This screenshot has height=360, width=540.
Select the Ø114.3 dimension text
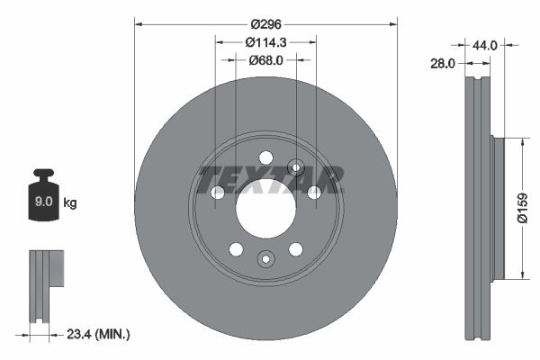pyautogui.click(x=265, y=41)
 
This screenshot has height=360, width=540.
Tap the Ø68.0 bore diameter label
pyautogui.click(x=265, y=60)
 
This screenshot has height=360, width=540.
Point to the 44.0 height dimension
pyautogui.click(x=485, y=43)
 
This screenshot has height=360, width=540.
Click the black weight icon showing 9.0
pyautogui.click(x=43, y=199)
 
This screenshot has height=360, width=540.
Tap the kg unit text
pyautogui.click(x=70, y=203)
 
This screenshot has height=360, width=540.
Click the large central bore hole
pyautogui.click(x=265, y=209)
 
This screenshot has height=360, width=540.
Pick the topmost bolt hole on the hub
pyautogui.click(x=265, y=158)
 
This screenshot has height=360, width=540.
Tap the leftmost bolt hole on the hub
pyautogui.click(x=217, y=193)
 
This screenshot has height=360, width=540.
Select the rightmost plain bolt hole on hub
pyautogui.click(x=314, y=193)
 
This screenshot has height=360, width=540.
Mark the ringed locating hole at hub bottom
pyautogui.click(x=265, y=259)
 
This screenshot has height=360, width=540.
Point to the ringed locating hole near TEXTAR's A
pyautogui.click(x=295, y=166)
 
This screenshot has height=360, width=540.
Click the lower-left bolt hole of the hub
pyautogui.click(x=236, y=249)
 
